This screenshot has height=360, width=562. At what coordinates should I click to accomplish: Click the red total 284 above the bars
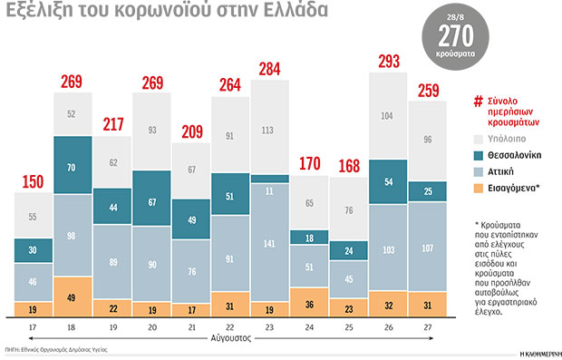[269, 69]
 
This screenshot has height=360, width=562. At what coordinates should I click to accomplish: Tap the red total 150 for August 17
[33, 181]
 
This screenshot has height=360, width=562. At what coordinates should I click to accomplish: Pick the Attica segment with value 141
[269, 243]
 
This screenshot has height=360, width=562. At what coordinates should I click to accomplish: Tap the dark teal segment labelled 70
[73, 168]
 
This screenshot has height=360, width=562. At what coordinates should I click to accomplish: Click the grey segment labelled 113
[269, 129]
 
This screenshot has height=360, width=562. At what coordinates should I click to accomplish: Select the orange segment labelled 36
[309, 304]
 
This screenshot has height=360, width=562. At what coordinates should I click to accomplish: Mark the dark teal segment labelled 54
[388, 182]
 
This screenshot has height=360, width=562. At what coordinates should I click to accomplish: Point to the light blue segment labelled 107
[427, 248]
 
